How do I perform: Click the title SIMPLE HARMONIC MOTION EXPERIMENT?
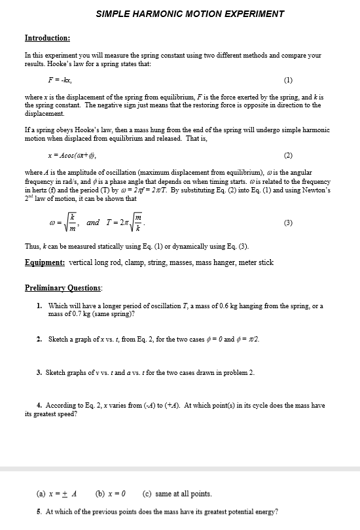point(190,14)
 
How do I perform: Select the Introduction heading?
point(47,39)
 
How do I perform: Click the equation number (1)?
point(288,81)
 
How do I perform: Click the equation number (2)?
point(288,156)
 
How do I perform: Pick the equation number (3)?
point(288,222)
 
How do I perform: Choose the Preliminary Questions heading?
point(63,288)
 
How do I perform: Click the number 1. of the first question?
point(40,306)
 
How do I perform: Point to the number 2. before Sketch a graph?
point(40,339)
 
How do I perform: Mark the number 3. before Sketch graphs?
point(40,372)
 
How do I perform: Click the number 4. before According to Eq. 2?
point(40,406)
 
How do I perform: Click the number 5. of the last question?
point(40,512)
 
